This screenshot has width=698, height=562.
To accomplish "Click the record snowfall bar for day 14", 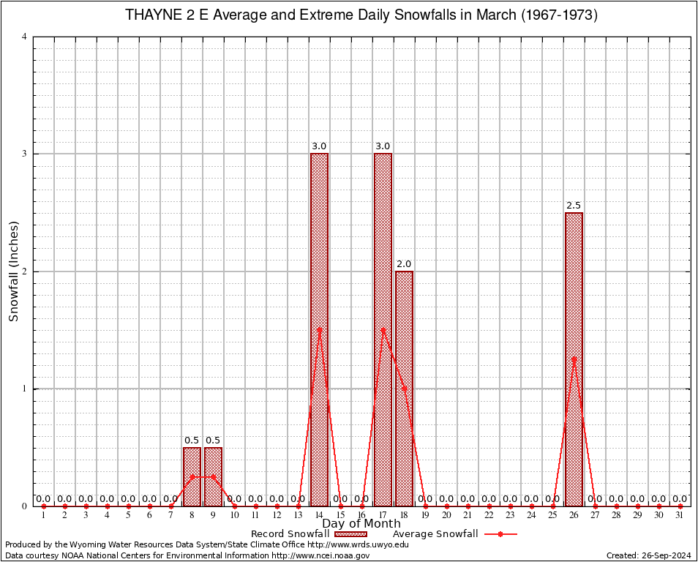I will point(319,329).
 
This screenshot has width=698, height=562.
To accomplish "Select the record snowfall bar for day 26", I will point(574,359).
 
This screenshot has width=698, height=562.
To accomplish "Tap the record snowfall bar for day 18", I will point(404,388).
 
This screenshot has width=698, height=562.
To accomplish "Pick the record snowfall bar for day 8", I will point(192,476).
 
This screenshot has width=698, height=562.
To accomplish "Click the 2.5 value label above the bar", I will point(574,205).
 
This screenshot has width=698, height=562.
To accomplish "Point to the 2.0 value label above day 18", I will point(404,263).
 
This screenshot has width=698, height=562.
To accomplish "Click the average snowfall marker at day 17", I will point(383,329).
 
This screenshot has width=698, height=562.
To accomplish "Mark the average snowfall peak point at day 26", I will point(574,359).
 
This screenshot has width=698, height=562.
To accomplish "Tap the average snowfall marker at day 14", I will point(319,329).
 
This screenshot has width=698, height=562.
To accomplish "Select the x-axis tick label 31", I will point(680,515).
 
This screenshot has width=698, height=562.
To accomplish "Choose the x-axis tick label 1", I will point(43,515).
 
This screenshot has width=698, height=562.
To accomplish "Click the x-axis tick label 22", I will point(489,515).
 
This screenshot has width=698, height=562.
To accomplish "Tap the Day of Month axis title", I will point(361,523).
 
